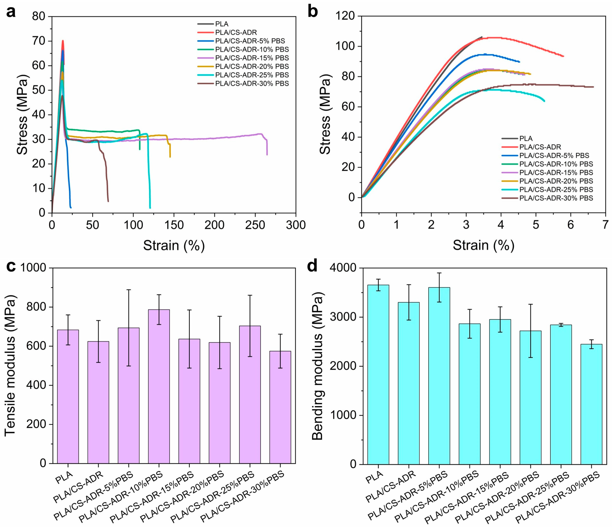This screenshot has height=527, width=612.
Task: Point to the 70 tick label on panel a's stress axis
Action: point(38,41)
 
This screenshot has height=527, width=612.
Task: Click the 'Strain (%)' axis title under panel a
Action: point(174,246)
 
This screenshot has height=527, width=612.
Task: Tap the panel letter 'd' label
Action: point(312,266)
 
